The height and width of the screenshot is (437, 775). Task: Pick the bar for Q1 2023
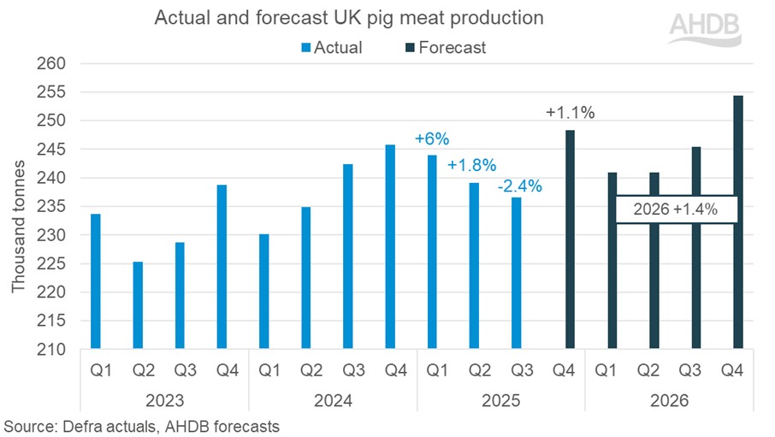pyautogui.click(x=96, y=281)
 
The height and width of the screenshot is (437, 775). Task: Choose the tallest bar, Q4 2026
pyautogui.click(x=737, y=222)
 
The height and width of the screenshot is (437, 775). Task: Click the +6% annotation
pyautogui.click(x=432, y=139)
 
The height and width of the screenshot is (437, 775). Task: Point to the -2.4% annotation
pyautogui.click(x=520, y=186)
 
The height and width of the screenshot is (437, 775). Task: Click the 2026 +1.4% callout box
pyautogui.click(x=676, y=209)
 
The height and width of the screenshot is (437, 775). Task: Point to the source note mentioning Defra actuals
pyautogui.click(x=141, y=425)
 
